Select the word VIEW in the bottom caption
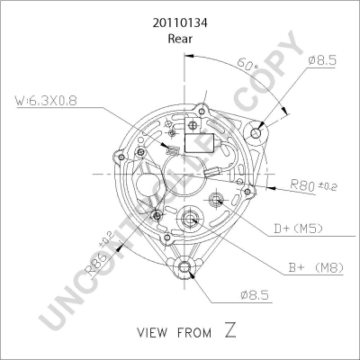click(155, 334)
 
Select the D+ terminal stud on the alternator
click(217, 200)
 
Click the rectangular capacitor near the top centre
click(199, 140)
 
